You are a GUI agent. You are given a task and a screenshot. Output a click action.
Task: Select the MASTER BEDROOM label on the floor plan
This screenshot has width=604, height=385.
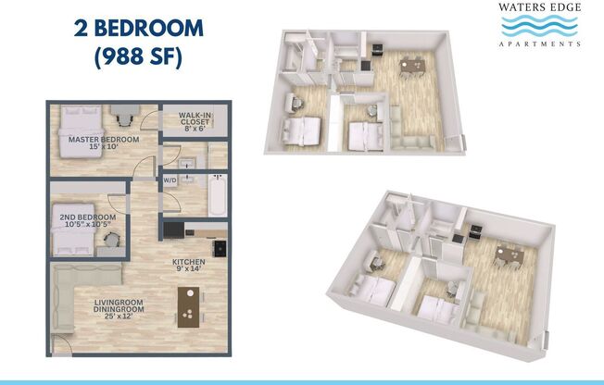click(x=104, y=141)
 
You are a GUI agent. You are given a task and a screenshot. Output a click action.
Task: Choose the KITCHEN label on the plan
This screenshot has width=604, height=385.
click(x=188, y=266)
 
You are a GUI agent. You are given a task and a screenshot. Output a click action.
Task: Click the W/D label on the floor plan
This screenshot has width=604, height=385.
click(x=170, y=180)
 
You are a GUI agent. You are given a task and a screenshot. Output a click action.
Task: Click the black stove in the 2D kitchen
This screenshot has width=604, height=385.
click(x=220, y=247)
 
